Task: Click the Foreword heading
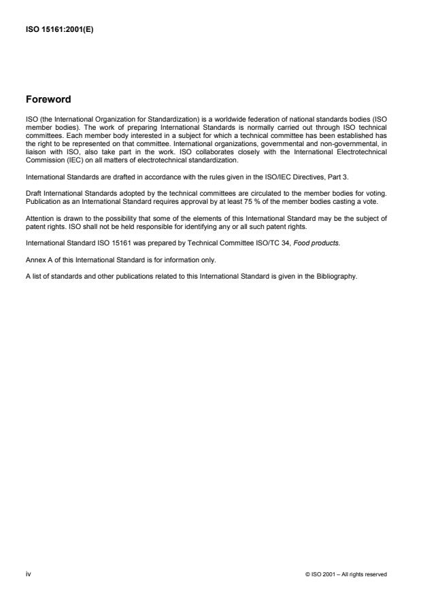[48, 100]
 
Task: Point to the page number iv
[28, 574]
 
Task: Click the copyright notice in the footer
[347, 574]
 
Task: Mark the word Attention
[39, 218]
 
